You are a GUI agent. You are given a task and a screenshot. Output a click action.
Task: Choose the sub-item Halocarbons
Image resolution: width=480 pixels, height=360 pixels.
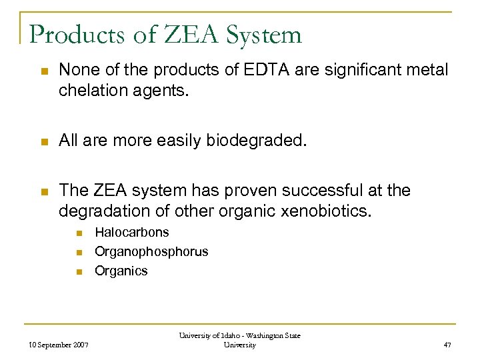click(x=132, y=233)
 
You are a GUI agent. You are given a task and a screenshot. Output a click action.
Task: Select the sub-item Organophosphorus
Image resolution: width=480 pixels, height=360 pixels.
click(x=151, y=252)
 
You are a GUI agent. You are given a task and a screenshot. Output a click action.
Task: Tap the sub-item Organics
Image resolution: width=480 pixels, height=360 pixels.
click(x=121, y=271)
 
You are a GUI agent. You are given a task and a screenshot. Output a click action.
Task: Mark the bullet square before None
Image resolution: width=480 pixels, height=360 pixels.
click(x=43, y=71)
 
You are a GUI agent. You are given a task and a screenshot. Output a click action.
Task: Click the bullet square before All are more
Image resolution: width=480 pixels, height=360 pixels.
click(x=43, y=141)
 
